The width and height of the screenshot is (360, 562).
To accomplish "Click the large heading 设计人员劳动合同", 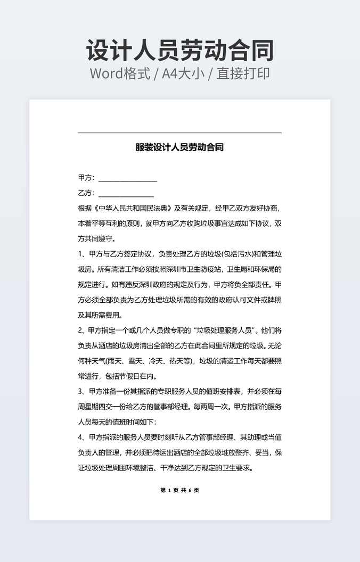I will pyautogui.click(x=180, y=51).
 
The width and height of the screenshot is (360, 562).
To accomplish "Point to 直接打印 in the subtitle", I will pyautogui.click(x=243, y=73).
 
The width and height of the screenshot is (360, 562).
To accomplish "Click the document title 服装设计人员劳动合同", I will pyautogui.click(x=179, y=147).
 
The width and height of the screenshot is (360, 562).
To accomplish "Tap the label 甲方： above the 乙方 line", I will pyautogui.click(x=86, y=178).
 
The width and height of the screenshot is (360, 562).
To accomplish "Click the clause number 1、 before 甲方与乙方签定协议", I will pyautogui.click(x=83, y=254).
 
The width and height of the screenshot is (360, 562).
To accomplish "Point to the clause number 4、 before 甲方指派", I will pyautogui.click(x=83, y=437).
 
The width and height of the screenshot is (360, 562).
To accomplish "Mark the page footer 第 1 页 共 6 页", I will pyautogui.click(x=179, y=490).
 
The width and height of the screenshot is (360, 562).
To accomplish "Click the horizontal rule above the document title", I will pyautogui.click(x=179, y=133).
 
